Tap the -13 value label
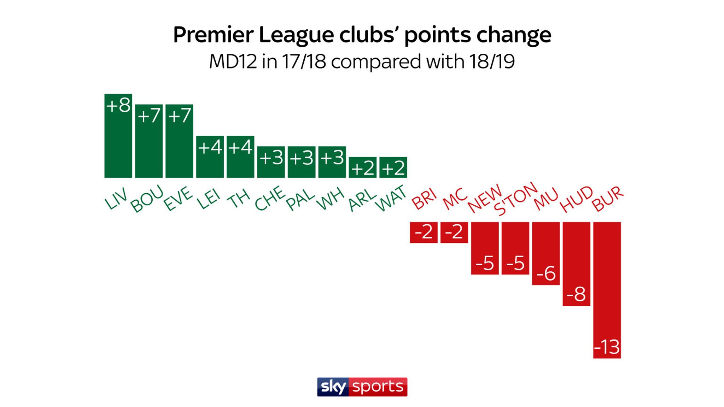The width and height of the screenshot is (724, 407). click(x=607, y=347)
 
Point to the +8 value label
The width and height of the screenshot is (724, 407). click(x=118, y=105)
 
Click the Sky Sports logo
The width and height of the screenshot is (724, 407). click(x=362, y=387)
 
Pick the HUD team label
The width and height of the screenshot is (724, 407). click(x=576, y=199)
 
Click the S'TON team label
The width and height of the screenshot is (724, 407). click(x=515, y=199)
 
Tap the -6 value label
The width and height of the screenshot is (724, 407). click(x=546, y=273)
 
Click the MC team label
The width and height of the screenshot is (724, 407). click(x=455, y=199)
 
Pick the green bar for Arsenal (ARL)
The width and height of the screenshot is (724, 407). click(x=363, y=173)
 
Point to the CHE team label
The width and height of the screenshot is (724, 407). click(x=270, y=199)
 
